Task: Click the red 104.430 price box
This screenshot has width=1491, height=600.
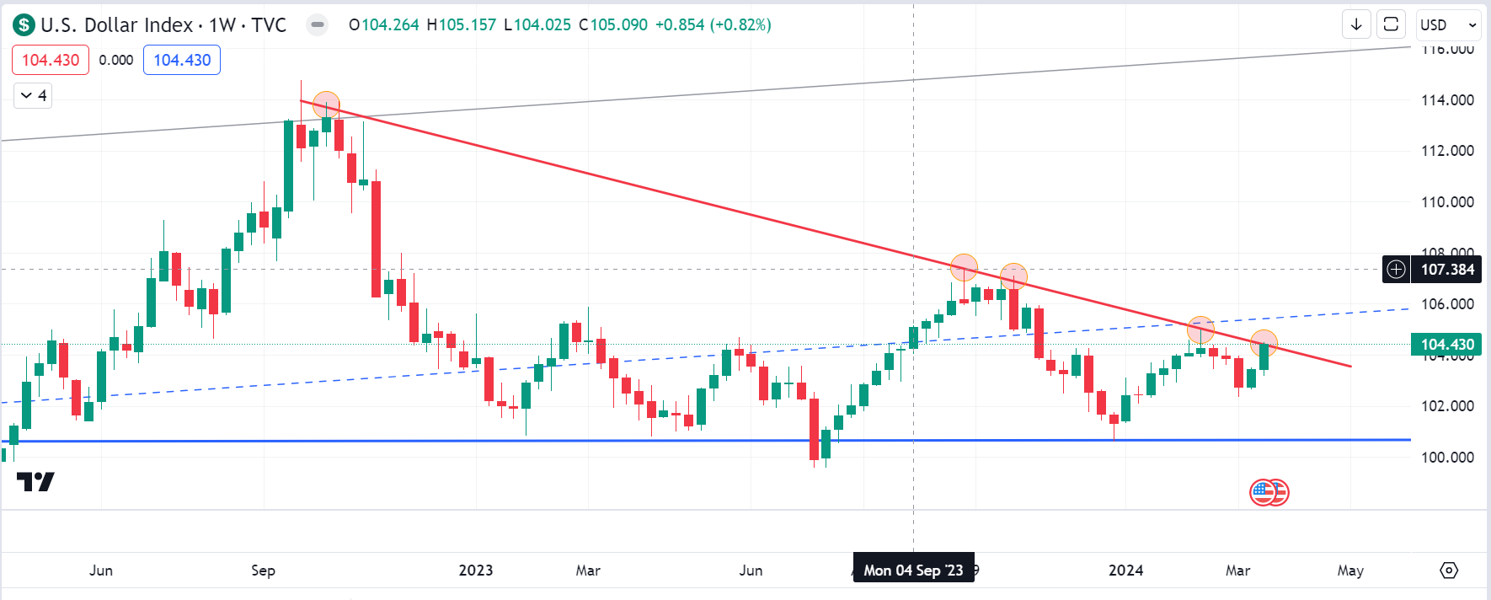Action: [51, 60]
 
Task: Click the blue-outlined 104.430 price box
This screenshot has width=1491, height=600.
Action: [182, 60]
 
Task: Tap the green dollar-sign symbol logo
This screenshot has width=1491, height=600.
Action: [24, 25]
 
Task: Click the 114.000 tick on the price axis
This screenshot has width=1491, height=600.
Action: [1447, 100]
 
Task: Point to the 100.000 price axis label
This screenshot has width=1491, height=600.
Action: [1447, 458]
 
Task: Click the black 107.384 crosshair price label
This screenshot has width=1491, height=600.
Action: [1447, 270]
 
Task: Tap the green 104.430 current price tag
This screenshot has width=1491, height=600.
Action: [1447, 344]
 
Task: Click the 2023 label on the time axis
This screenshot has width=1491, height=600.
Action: [475, 571]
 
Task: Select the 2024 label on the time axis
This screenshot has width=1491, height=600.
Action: [1125, 571]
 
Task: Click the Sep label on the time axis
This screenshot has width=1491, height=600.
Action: [263, 571]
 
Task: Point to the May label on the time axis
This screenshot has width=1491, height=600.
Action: [1350, 571]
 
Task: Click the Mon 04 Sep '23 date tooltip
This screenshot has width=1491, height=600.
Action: [913, 571]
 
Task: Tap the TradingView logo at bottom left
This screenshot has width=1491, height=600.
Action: [35, 481]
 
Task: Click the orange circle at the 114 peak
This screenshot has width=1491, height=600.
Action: [326, 105]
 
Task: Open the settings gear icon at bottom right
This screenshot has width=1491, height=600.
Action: [1449, 571]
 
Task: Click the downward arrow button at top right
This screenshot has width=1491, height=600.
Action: [1356, 24]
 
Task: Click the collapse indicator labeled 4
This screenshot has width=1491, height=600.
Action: [33, 95]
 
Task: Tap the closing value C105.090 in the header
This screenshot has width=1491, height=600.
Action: [613, 25]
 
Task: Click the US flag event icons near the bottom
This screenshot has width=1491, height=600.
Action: [1269, 492]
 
